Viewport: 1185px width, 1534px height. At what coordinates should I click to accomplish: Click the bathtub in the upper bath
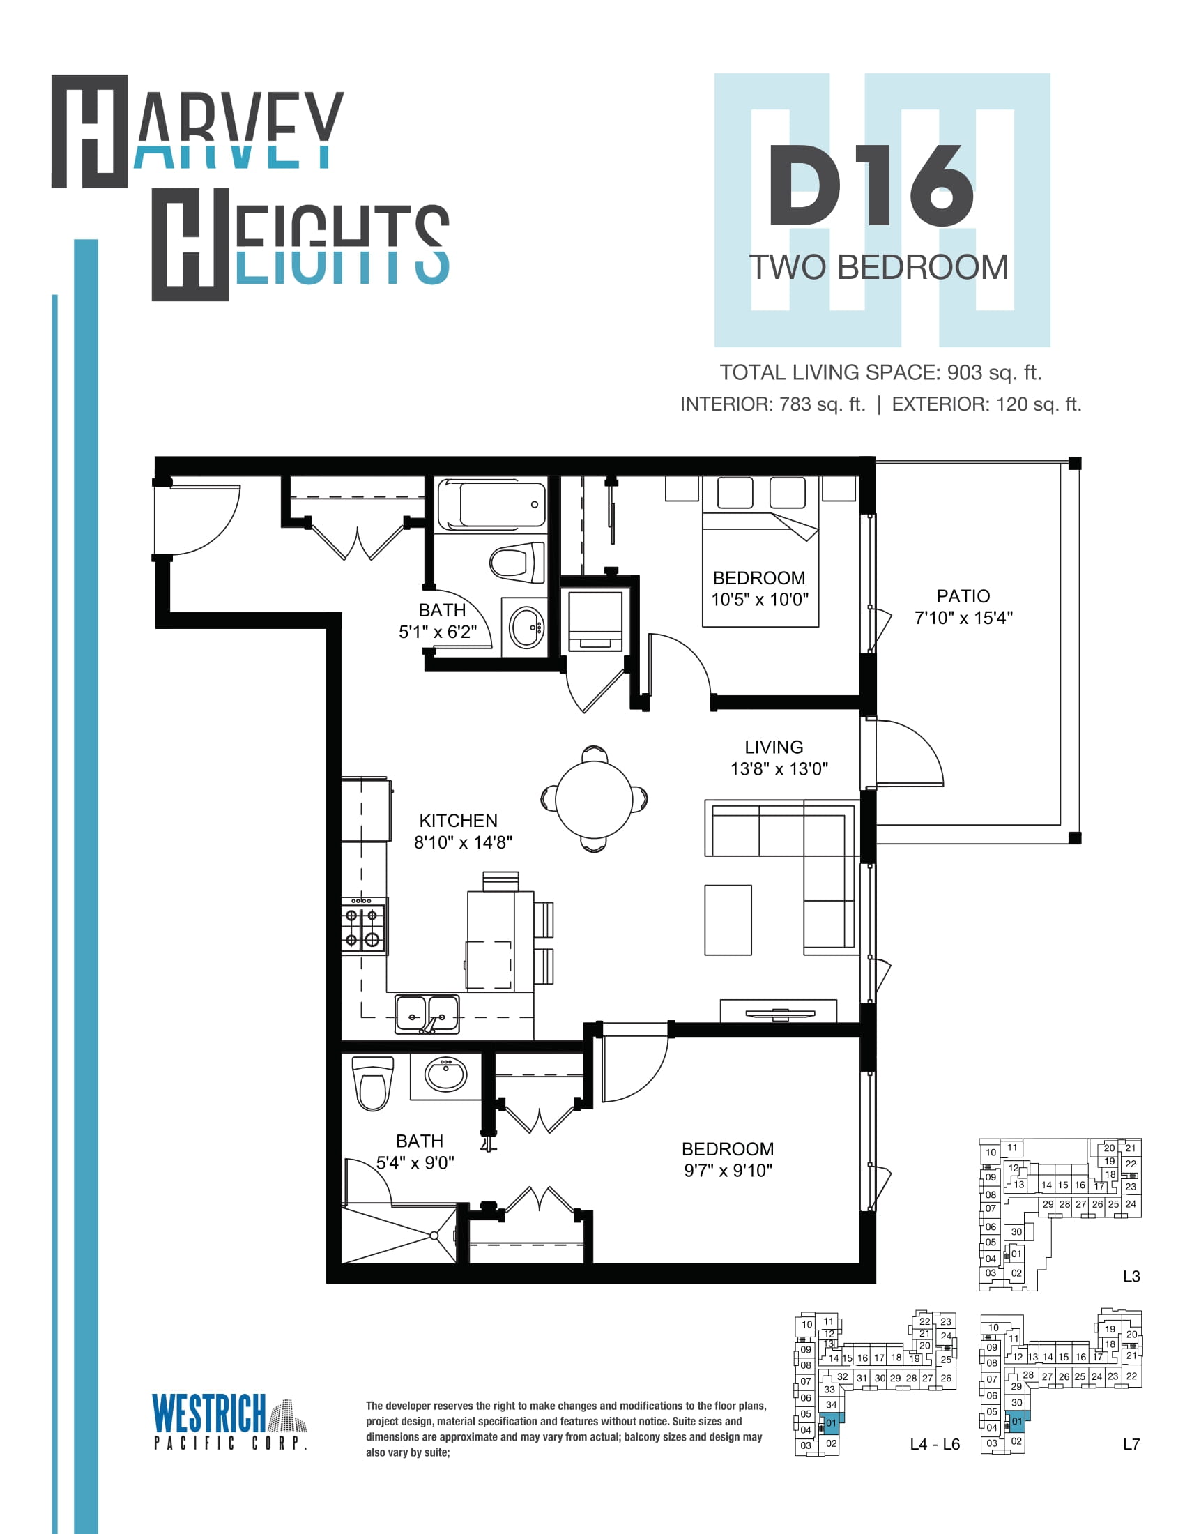click(x=491, y=504)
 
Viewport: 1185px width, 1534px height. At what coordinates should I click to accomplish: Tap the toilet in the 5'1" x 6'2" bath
click(x=517, y=562)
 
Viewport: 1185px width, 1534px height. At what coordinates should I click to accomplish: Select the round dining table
click(x=594, y=798)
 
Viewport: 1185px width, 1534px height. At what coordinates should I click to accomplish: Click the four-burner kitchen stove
click(x=365, y=926)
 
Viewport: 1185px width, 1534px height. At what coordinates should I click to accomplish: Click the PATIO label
click(x=963, y=595)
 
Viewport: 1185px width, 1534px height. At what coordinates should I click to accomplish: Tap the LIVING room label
click(x=774, y=747)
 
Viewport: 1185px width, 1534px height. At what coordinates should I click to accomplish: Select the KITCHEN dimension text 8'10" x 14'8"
click(x=464, y=842)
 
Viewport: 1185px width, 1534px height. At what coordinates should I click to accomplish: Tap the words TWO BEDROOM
click(x=879, y=267)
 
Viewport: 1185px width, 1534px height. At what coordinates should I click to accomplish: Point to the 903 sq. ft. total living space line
click(x=881, y=372)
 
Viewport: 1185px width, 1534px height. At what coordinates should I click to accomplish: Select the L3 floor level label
click(x=1131, y=1276)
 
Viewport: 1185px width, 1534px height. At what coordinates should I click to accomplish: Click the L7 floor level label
click(x=1131, y=1444)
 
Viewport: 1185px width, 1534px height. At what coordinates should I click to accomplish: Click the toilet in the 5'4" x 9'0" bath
click(x=373, y=1084)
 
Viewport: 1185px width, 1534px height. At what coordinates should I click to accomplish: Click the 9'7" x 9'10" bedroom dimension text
click(x=728, y=1170)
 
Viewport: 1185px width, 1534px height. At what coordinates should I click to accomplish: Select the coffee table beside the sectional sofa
click(x=728, y=920)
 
